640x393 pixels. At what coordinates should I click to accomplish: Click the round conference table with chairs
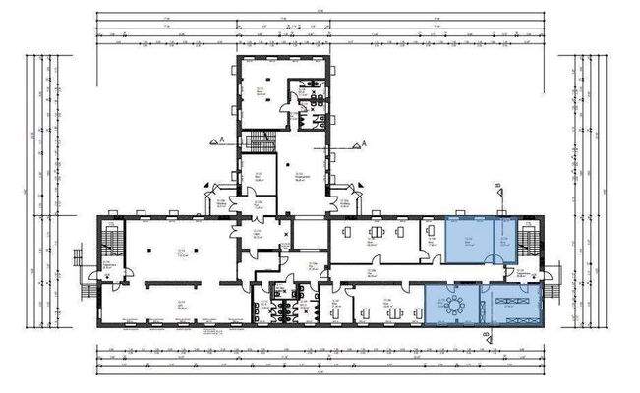coord(454,304)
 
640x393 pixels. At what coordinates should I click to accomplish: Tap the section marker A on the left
coord(213,141)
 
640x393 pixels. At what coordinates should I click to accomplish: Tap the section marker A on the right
coord(365,143)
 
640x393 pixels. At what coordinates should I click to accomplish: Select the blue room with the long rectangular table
coord(509,304)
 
